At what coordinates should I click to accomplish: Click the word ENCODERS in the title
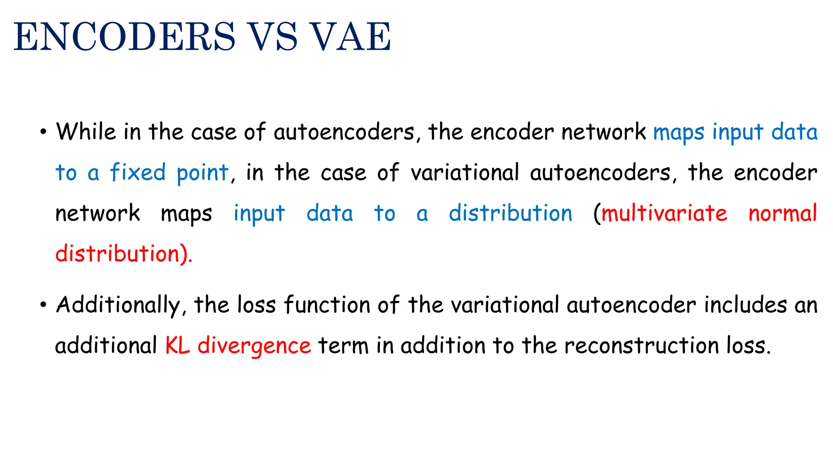click(124, 37)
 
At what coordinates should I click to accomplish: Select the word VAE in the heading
click(350, 37)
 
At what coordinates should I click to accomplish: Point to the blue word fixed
click(137, 173)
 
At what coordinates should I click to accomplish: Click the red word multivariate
click(664, 213)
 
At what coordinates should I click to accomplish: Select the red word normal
click(783, 213)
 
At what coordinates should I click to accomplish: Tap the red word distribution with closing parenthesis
click(123, 254)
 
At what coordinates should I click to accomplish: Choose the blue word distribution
click(510, 213)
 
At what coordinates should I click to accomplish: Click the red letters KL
click(177, 346)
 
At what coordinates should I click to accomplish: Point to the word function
click(327, 305)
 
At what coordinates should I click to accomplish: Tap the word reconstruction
click(641, 346)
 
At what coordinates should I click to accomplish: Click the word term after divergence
click(343, 346)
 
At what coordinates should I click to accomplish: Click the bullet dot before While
click(43, 132)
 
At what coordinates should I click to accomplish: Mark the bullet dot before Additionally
click(43, 305)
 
